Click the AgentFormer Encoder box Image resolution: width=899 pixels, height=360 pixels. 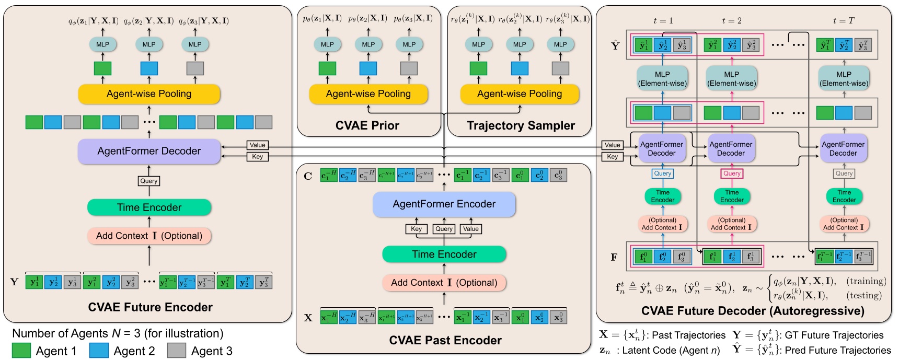coord(444,204)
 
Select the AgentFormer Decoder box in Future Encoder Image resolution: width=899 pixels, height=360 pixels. coord(149,151)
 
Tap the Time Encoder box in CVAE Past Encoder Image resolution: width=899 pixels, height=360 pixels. coord(444,254)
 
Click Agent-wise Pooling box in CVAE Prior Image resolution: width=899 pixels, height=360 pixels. coord(368,94)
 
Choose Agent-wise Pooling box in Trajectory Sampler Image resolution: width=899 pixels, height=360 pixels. coord(519,94)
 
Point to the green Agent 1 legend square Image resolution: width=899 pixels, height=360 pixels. coord(21,351)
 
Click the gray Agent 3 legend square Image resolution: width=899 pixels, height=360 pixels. coord(176,351)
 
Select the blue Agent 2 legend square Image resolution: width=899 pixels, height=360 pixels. coord(99,351)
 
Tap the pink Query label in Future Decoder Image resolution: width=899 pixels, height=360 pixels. coord(732,173)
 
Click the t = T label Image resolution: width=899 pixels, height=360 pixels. coord(843,21)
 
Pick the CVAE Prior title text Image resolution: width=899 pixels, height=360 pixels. coord(367,125)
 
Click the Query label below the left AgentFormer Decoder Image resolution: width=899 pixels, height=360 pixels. coord(148,181)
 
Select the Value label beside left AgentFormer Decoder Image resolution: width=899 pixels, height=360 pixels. coord(257,145)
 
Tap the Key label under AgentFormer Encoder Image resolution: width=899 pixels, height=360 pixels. coord(416,229)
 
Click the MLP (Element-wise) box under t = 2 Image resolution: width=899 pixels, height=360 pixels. coord(731,79)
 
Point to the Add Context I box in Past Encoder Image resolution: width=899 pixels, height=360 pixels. coord(444,283)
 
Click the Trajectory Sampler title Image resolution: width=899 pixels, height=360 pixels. coord(521,125)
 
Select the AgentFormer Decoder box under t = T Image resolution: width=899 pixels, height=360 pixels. coord(843,149)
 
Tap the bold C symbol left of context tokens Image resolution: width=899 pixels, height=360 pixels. coord(308,176)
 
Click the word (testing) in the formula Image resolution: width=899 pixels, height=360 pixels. coord(863,296)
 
